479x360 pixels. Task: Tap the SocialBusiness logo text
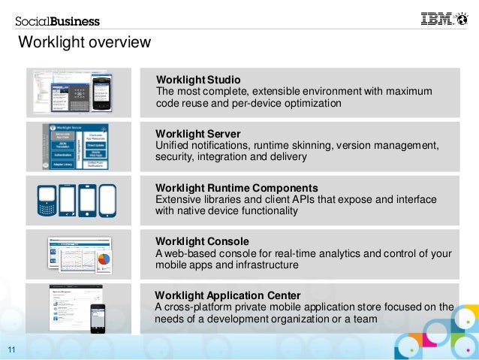point(58,21)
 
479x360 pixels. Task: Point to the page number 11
point(12,348)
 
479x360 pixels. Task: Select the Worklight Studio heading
point(198,79)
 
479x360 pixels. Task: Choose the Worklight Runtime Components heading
point(236,187)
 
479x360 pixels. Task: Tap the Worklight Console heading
point(202,241)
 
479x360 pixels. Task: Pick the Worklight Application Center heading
point(227,295)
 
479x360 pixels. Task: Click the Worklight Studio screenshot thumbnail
point(80,92)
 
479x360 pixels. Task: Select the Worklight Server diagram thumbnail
point(78,146)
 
